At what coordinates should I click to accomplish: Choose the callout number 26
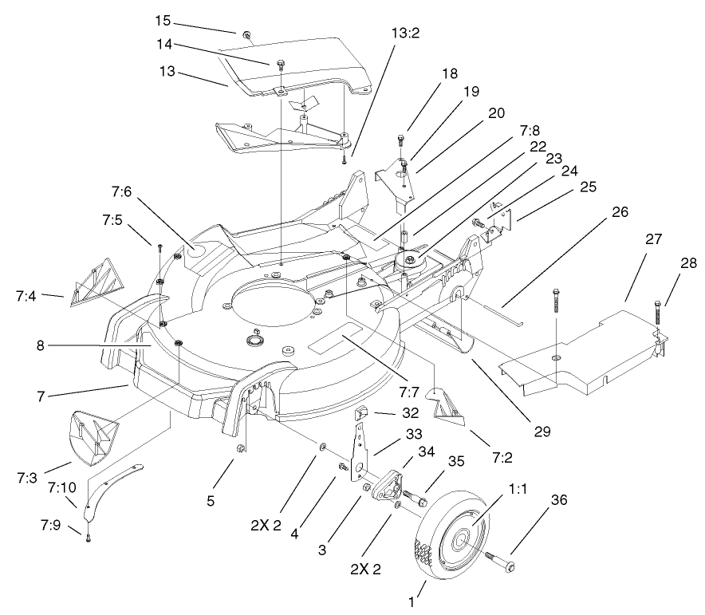[x=620, y=212]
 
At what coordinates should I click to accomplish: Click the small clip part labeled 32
[x=360, y=412]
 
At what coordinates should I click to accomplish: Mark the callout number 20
[x=496, y=113]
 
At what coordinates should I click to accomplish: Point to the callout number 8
[x=39, y=345]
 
